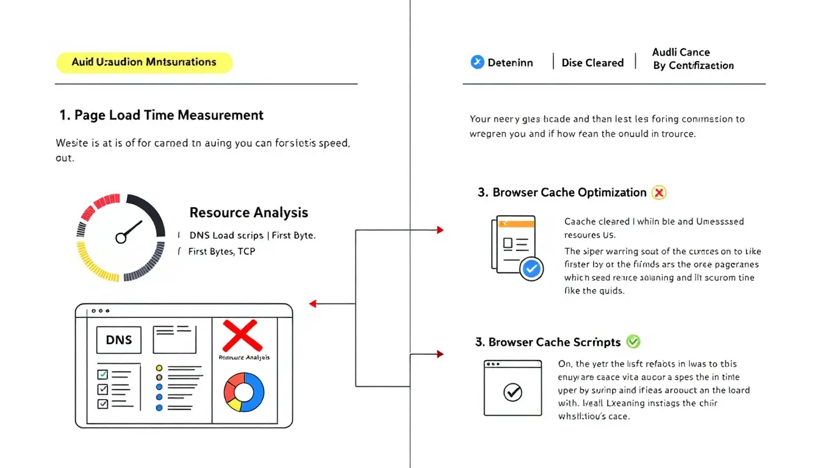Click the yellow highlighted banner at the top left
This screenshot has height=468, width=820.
tap(144, 62)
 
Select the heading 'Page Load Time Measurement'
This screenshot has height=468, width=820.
tap(162, 115)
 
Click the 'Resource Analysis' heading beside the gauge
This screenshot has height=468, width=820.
tap(248, 213)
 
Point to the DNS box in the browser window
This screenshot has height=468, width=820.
tap(118, 339)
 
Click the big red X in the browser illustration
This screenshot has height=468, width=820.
tap(242, 336)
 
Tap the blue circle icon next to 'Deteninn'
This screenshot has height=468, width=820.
tap(477, 62)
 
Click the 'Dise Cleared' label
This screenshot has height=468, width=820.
tap(592, 63)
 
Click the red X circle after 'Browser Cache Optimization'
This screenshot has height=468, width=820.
tap(658, 193)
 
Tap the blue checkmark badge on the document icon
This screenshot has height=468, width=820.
tap(531, 268)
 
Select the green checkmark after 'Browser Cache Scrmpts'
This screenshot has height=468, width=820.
tap(633, 341)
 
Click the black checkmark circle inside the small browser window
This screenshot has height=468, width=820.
tap(512, 393)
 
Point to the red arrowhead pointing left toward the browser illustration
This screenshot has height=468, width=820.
tap(313, 303)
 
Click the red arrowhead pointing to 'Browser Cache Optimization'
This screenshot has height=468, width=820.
tap(440, 230)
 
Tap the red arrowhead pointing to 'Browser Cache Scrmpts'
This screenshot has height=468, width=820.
tap(440, 353)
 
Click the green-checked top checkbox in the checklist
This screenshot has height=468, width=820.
tap(103, 374)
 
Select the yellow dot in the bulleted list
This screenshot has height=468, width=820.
tap(159, 368)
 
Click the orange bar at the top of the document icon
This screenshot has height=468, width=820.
tap(516, 224)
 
